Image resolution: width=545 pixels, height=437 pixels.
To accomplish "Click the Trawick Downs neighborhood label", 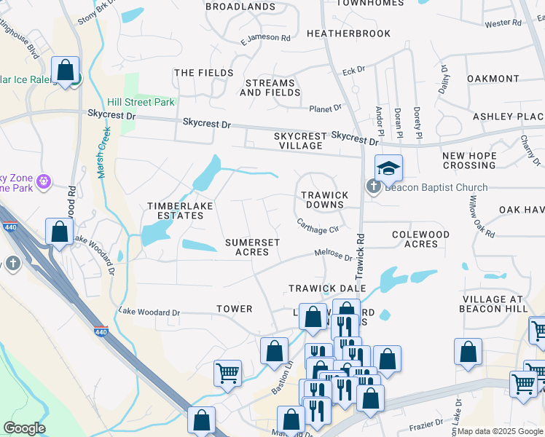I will coord(324,200).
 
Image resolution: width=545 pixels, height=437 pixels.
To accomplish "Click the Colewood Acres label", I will coord(420,239).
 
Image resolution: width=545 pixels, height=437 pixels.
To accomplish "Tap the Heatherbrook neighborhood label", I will coord(348,34).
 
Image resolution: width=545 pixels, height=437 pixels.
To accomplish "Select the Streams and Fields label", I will coord(270,87).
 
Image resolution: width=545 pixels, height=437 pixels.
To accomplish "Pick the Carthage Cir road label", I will coord(318,226).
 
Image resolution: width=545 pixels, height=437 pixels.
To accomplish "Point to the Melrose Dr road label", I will coord(333,256).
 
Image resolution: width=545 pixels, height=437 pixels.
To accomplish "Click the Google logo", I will coord(24,428).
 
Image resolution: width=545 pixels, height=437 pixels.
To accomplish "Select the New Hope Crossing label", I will coord(469,160).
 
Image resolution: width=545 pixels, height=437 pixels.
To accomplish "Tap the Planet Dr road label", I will coord(325,109).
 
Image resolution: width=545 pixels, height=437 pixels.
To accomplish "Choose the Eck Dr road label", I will coord(353,71).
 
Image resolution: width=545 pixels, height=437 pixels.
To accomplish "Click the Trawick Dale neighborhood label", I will coord(326,288).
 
